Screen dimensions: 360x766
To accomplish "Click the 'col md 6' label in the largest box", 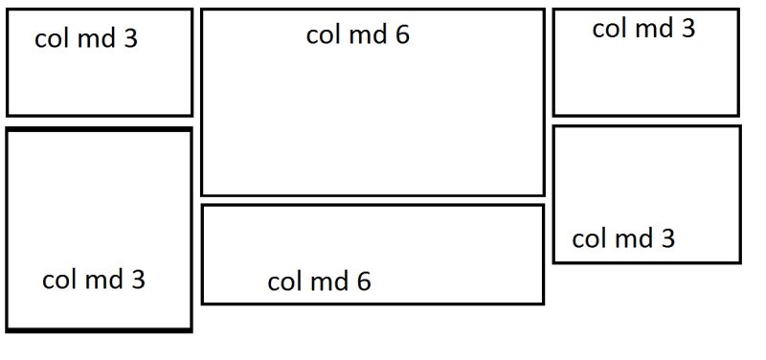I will pyautogui.click(x=357, y=35).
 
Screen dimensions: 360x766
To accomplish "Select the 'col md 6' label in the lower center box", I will pyautogui.click(x=319, y=281).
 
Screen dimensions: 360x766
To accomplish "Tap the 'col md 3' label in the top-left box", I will pyautogui.click(x=86, y=38).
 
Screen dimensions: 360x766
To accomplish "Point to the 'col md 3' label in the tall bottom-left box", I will pyautogui.click(x=94, y=280).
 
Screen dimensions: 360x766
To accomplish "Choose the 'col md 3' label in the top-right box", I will pyautogui.click(x=643, y=29).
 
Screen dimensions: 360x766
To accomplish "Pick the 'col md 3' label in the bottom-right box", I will pyautogui.click(x=623, y=238).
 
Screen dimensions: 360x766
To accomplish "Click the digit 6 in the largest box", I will pyautogui.click(x=401, y=35).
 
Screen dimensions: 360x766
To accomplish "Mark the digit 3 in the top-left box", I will pyautogui.click(x=130, y=38).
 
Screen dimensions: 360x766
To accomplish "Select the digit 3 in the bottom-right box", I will pyautogui.click(x=667, y=238).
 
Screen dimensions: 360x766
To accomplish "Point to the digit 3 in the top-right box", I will pyautogui.click(x=687, y=29).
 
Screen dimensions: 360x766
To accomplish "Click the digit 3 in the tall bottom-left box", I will pyautogui.click(x=138, y=280).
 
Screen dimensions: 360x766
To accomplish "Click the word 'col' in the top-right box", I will pyautogui.click(x=607, y=29).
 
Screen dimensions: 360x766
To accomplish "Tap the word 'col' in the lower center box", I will pyautogui.click(x=282, y=281).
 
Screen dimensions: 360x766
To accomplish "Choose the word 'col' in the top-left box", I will pyautogui.click(x=50, y=38).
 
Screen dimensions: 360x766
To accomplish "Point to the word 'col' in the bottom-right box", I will pyautogui.click(x=587, y=238).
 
